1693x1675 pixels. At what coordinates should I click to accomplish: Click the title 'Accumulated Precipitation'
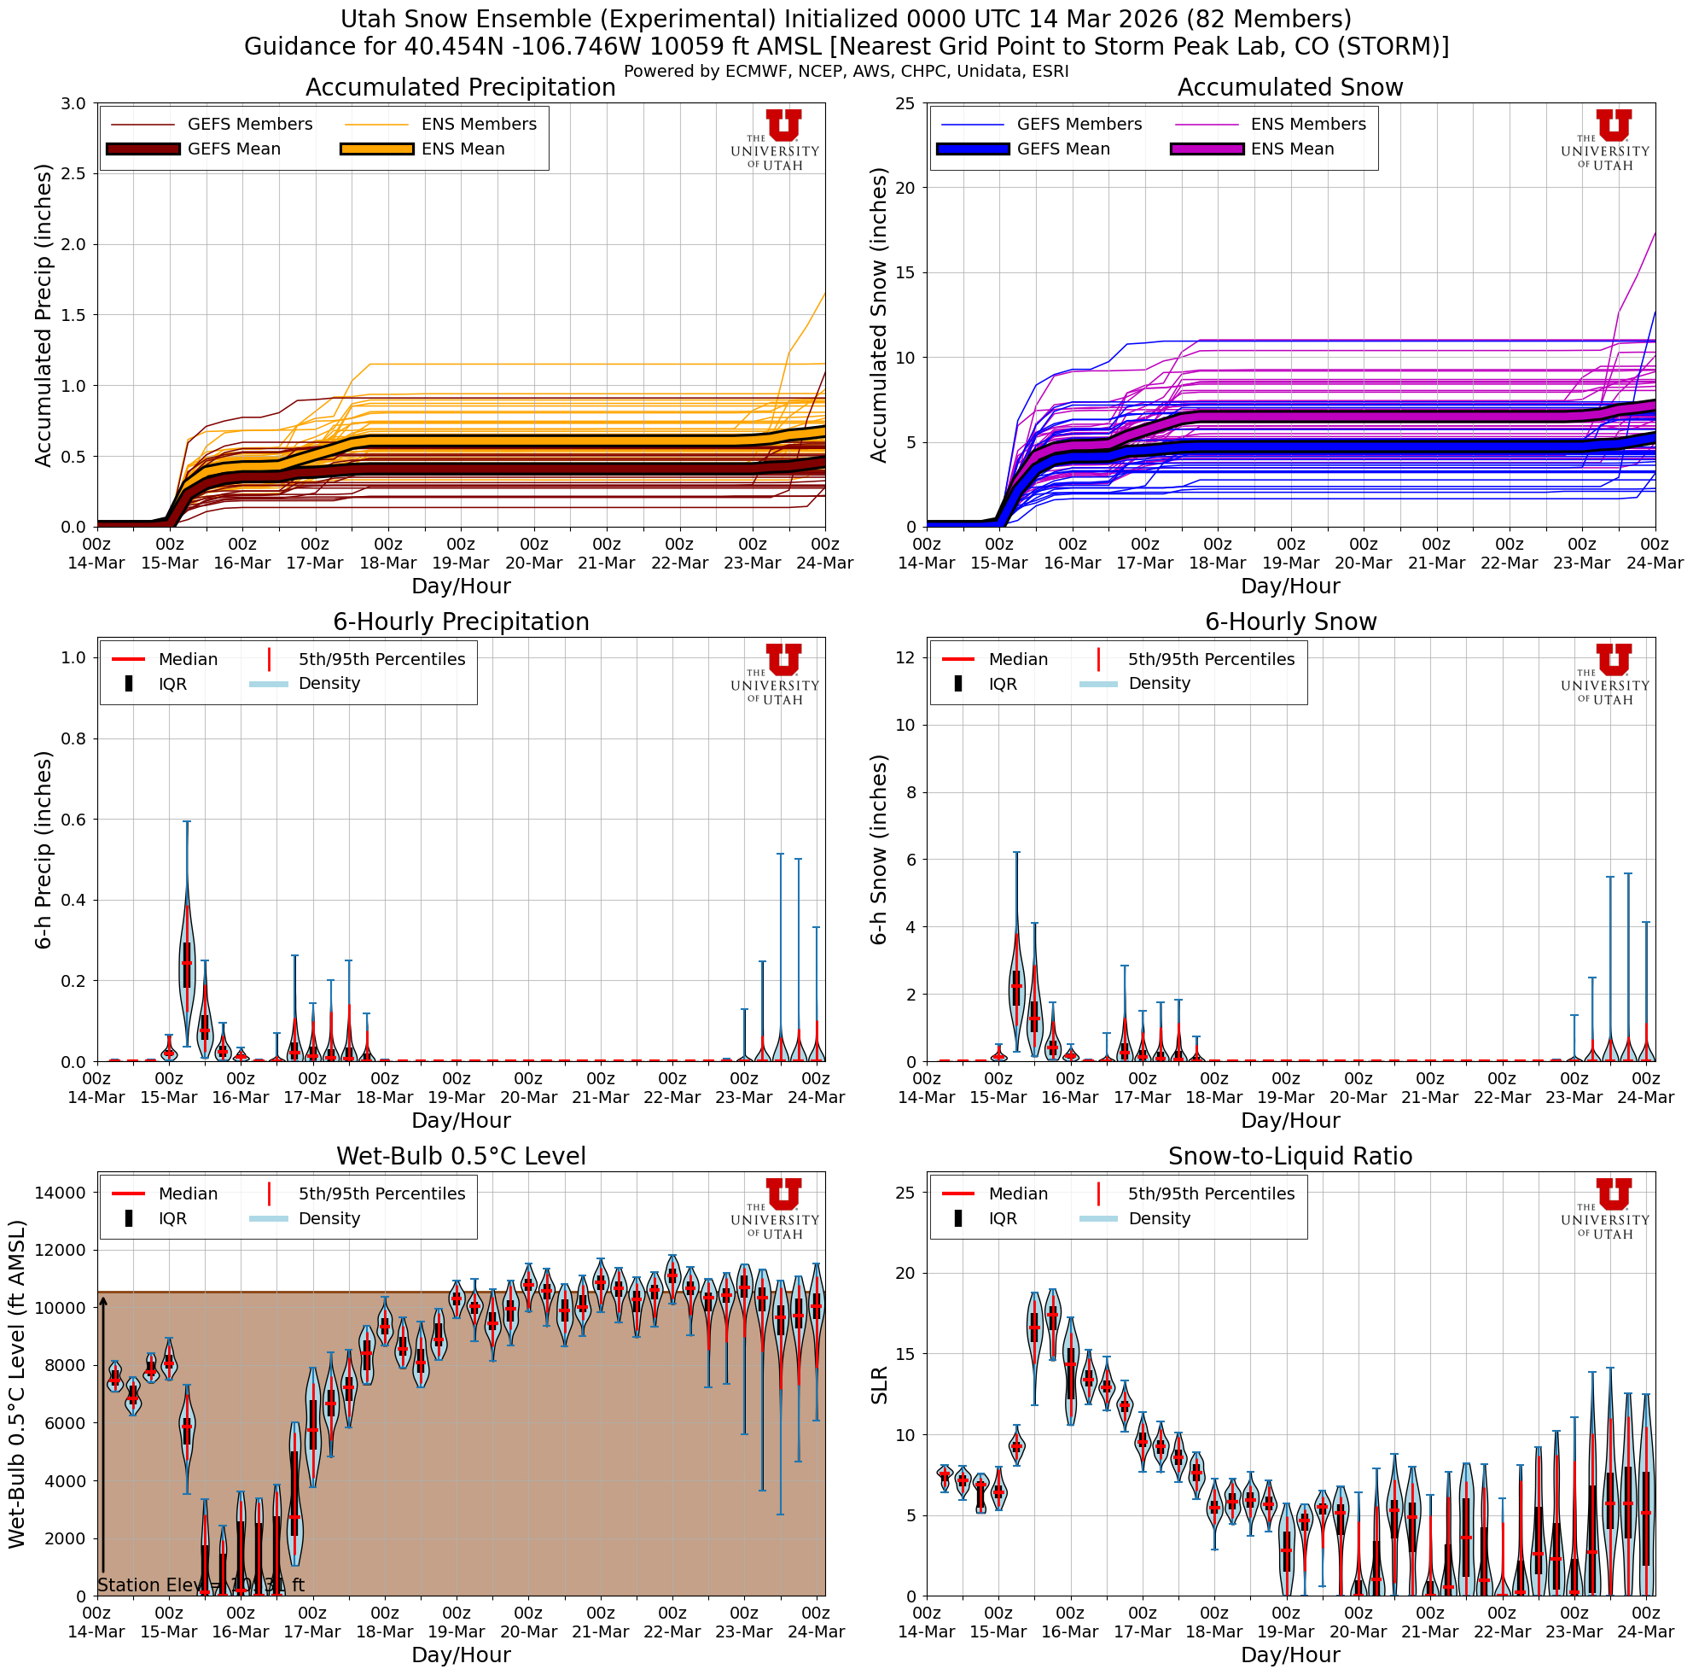[x=460, y=88]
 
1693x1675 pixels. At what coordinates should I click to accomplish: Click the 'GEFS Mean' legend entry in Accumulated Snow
[x=1062, y=149]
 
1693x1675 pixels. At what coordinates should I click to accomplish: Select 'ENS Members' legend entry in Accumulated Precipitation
[x=479, y=125]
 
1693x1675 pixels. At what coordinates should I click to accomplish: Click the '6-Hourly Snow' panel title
[x=1290, y=622]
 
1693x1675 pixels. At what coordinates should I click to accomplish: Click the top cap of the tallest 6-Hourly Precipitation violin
[x=187, y=821]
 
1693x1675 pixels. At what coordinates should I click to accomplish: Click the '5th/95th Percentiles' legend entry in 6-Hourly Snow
[x=1210, y=659]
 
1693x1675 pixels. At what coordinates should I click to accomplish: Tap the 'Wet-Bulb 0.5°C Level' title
[x=460, y=1156]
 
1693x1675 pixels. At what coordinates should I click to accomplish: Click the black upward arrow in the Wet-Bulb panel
[x=102, y=1438]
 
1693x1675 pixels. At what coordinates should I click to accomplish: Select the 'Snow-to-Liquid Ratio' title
[x=1290, y=1156]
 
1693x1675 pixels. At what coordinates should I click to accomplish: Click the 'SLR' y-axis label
[x=880, y=1386]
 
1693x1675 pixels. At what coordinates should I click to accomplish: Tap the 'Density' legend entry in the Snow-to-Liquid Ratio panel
[x=1159, y=1218]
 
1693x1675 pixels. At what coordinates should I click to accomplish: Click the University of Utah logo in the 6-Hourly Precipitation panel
[x=776, y=673]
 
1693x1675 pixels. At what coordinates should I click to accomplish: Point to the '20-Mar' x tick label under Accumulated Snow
[x=1364, y=563]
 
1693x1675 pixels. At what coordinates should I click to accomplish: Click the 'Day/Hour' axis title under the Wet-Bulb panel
[x=460, y=1654]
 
